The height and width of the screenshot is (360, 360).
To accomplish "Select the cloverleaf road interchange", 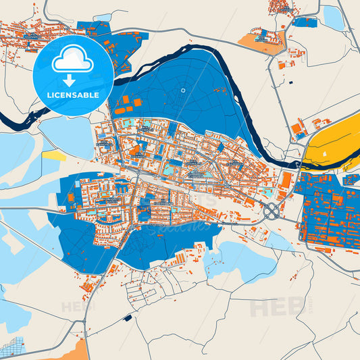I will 272,211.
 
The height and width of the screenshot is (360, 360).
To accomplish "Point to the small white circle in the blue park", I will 182,90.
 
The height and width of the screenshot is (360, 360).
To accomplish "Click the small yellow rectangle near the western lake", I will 52,155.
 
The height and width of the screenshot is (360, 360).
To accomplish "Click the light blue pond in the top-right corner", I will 333,17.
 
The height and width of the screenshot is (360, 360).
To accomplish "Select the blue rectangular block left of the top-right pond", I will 305,22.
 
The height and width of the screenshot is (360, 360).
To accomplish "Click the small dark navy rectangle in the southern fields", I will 128,317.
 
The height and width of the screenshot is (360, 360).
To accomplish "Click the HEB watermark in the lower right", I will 274,307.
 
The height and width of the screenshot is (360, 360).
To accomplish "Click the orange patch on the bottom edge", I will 74,352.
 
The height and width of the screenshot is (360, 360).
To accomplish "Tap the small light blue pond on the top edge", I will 103,17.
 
